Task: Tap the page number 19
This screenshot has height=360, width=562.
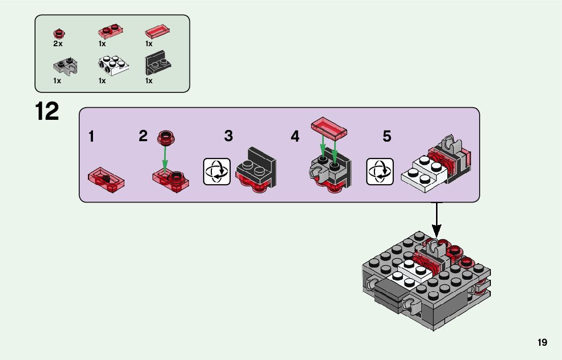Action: tap(542, 343)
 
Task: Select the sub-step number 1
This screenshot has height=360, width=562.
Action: tap(91, 136)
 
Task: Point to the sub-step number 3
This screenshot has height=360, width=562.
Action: tap(229, 136)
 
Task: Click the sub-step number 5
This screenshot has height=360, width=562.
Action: tap(387, 136)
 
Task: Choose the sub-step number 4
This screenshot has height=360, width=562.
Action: tap(295, 136)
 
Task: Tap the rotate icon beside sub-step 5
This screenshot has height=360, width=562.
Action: tap(379, 172)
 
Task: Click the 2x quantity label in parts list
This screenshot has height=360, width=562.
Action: tap(57, 44)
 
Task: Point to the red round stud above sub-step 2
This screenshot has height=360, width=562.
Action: tap(166, 136)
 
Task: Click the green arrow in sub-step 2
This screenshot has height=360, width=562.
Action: tap(165, 156)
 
